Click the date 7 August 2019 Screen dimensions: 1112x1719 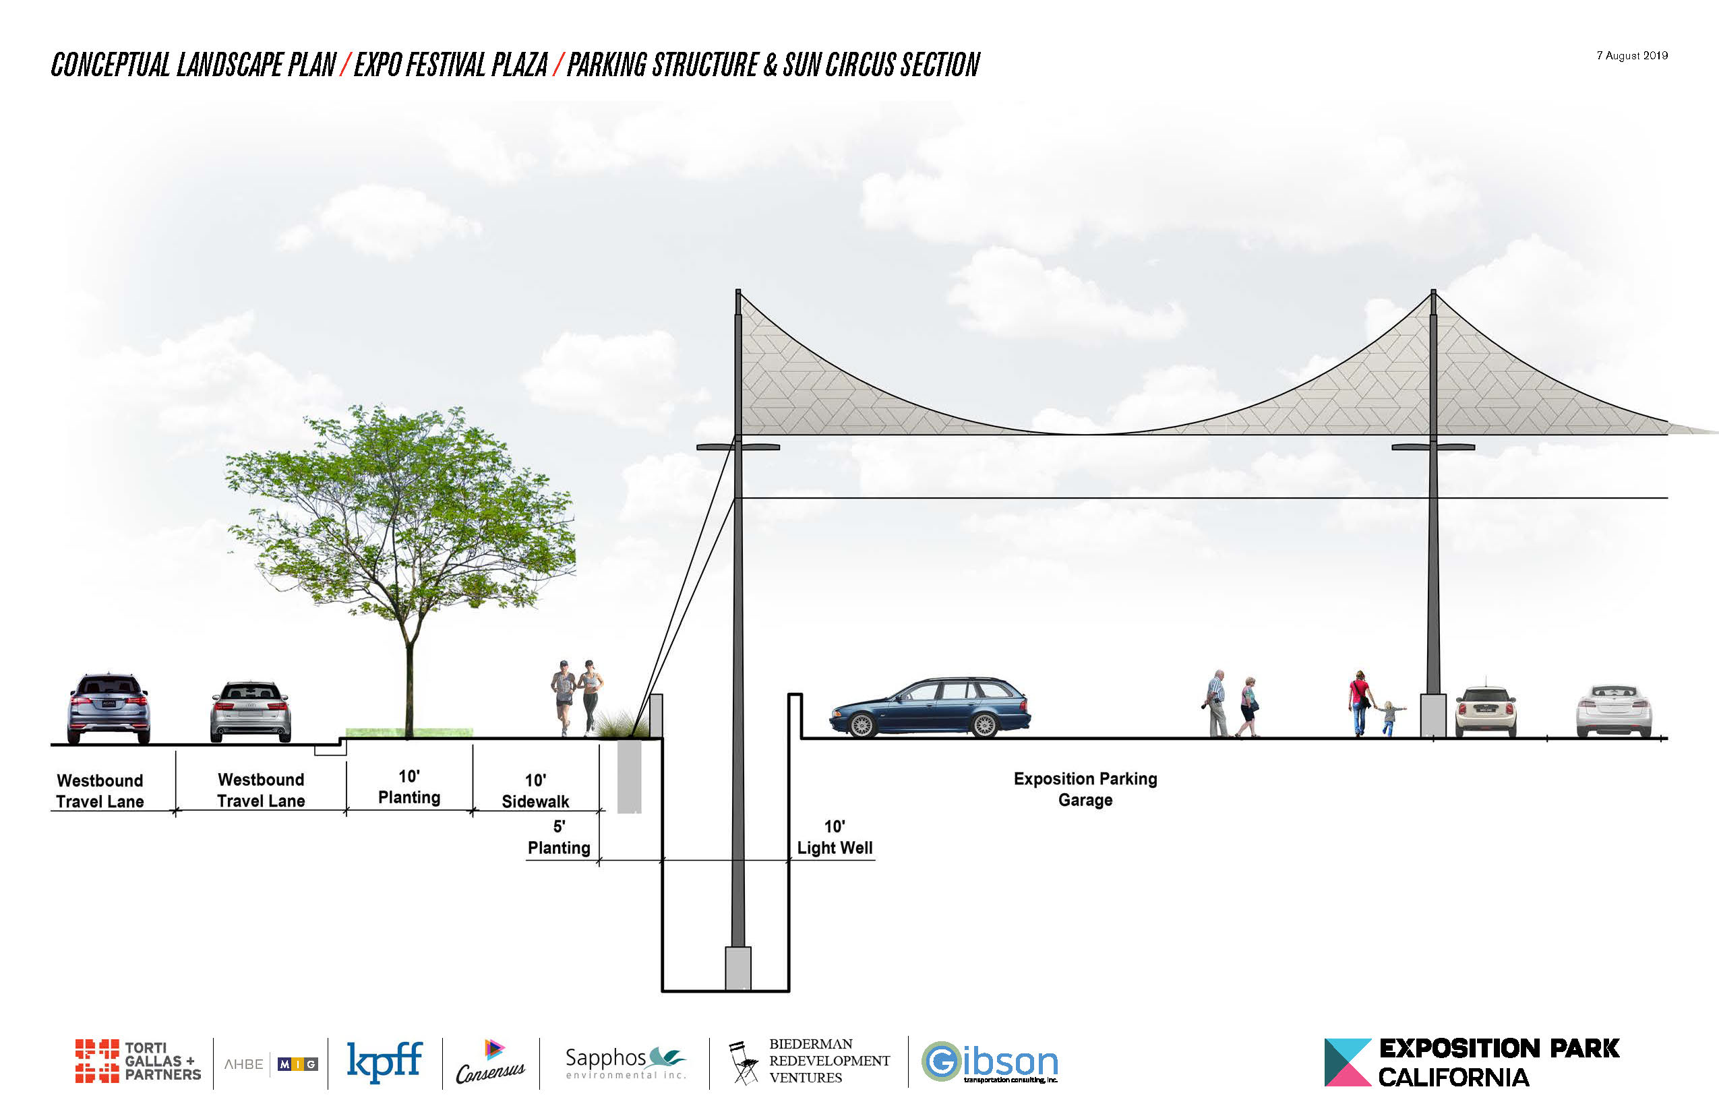pos(1631,55)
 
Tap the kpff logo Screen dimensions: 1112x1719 pos(384,1061)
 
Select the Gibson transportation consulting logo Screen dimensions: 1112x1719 pos(990,1062)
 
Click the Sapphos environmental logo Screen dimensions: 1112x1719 pos(625,1062)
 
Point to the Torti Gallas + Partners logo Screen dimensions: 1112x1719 pos(138,1061)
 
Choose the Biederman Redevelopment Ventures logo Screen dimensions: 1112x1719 pos(809,1061)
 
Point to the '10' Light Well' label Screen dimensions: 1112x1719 pos(835,838)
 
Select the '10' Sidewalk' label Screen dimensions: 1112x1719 pos(535,791)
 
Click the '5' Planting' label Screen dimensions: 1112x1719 pos(558,838)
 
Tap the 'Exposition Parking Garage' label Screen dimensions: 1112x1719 pos(1085,789)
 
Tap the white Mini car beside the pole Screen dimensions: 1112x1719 pos(1485,711)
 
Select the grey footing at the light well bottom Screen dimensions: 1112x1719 pos(737,968)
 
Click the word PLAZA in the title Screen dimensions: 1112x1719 pos(519,65)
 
